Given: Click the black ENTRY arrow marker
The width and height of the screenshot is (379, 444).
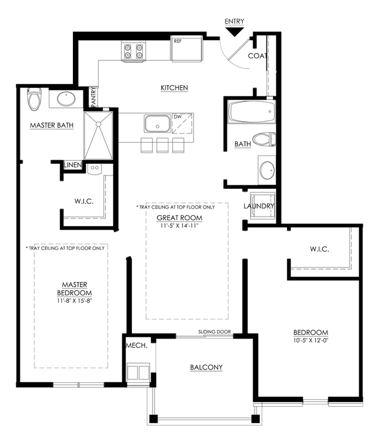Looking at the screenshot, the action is point(234,32).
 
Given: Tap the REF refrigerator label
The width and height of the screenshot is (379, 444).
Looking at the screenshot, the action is point(178,41).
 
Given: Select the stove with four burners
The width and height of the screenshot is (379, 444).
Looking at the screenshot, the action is point(134,51).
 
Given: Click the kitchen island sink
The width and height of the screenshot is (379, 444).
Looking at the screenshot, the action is point(157,124).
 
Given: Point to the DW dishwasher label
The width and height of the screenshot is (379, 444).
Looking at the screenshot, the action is point(177,117).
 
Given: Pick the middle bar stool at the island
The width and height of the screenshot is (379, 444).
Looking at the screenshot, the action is point(162,145).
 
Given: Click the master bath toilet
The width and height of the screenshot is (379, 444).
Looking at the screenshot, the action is point(34,99).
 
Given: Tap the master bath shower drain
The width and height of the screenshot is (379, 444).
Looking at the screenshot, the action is point(99,124).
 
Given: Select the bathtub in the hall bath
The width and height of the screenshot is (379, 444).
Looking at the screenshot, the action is point(252,111).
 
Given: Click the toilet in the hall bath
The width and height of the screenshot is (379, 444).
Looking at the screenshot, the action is point(264,139).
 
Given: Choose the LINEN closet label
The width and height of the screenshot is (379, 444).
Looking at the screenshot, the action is point(73,165).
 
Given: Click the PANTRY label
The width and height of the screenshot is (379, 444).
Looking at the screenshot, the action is point(93,97).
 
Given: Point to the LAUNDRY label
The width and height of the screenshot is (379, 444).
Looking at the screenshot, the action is point(259,206).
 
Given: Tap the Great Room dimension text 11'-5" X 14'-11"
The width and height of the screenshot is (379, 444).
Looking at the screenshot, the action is point(180,226).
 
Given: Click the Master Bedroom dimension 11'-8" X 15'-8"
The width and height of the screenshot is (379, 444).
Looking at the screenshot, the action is point(75,301).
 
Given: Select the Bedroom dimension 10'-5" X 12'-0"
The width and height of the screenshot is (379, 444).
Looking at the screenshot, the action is point(311,340).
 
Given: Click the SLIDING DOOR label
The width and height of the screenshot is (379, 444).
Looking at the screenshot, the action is point(215,332).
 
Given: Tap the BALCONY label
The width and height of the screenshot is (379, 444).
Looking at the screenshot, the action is point(206,367).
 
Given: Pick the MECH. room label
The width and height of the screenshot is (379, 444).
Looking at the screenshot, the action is point(136,346).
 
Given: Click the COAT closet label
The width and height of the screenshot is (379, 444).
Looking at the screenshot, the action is point(258,56).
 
